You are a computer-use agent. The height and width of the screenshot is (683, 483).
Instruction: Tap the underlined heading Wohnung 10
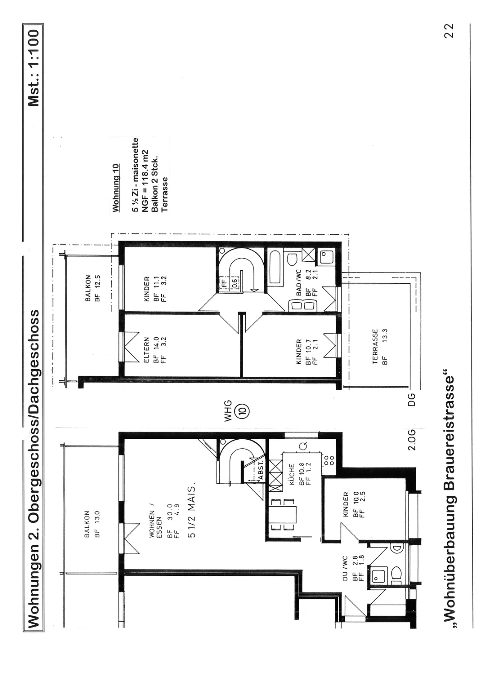(116, 188)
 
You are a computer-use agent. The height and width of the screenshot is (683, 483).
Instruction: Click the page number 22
(449, 31)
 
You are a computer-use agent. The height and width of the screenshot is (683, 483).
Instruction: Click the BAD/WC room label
(299, 283)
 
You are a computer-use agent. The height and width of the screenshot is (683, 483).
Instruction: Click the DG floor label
(412, 400)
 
